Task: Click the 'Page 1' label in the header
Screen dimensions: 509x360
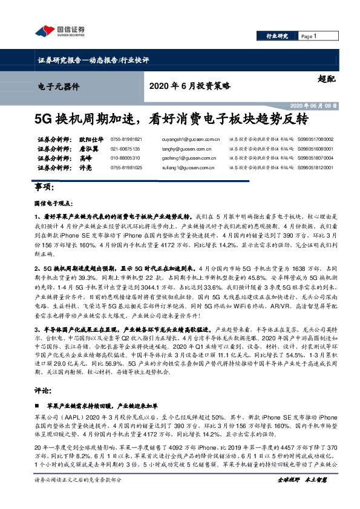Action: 309,37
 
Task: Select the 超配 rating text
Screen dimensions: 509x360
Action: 325,79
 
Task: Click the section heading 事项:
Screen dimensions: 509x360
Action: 43,189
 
